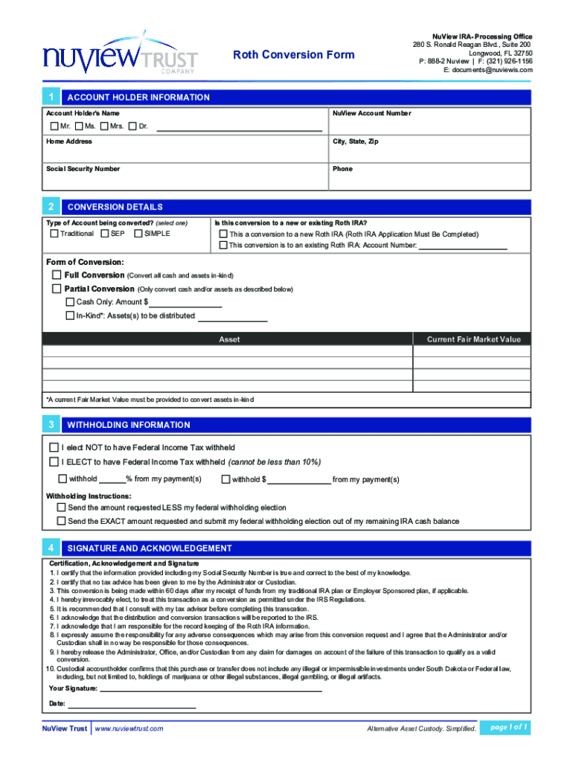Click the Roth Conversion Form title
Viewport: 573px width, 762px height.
point(294,54)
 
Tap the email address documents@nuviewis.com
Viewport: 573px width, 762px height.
point(488,69)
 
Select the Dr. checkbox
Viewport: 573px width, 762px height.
point(132,126)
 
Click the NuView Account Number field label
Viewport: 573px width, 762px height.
point(371,113)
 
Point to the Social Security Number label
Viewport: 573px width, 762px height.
point(83,169)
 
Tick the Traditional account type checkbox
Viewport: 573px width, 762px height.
point(54,234)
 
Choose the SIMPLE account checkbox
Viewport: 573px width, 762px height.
point(138,234)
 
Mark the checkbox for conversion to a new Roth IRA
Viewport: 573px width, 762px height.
point(223,234)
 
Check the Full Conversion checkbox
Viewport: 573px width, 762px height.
point(57,275)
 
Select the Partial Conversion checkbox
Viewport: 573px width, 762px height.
point(57,289)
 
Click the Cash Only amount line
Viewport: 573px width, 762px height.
point(186,302)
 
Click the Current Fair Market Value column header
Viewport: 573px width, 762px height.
point(473,339)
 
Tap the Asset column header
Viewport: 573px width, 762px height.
point(228,339)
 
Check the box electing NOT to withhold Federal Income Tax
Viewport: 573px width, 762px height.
point(54,447)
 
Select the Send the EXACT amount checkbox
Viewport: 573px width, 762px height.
point(62,521)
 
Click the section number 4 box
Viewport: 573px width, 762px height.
point(50,548)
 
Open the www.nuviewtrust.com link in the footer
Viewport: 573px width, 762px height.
point(129,729)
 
